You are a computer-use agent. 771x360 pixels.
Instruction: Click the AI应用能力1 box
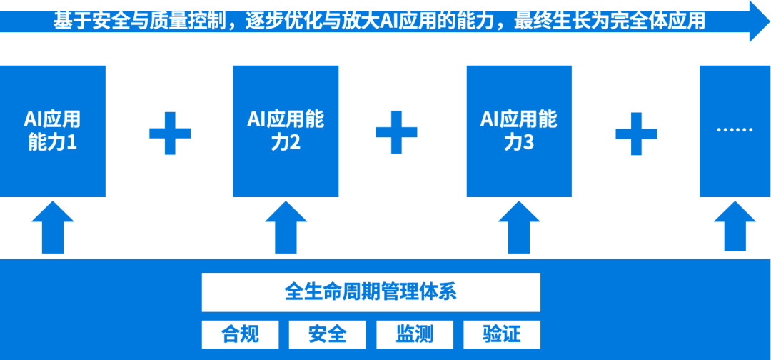tap(53, 131)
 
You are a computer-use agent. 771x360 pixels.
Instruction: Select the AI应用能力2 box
tap(286, 131)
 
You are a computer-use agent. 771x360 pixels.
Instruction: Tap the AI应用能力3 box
tap(519, 131)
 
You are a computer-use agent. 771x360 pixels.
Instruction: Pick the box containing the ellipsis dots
tap(735, 131)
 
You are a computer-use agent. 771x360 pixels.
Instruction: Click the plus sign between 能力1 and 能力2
tap(170, 134)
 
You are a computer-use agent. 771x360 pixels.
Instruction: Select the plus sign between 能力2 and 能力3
tap(396, 132)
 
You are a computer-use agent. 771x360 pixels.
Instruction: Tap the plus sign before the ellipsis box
tap(636, 134)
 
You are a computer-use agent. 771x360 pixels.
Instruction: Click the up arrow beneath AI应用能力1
tap(53, 227)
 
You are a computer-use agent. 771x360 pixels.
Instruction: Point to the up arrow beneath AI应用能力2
tap(286, 227)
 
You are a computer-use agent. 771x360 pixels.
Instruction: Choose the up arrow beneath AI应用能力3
tap(519, 227)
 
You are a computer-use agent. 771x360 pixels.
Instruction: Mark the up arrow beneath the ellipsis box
tap(735, 226)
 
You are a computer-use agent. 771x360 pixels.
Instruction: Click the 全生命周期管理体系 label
tap(371, 292)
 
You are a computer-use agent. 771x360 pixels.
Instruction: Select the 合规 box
tap(241, 334)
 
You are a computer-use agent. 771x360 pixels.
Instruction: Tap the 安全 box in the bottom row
tap(327, 334)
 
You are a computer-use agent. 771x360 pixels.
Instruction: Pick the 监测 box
tap(415, 334)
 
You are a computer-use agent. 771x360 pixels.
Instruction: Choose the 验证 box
tap(502, 334)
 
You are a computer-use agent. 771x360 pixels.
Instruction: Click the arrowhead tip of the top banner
tap(770, 21)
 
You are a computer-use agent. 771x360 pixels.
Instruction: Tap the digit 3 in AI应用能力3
tap(528, 143)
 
